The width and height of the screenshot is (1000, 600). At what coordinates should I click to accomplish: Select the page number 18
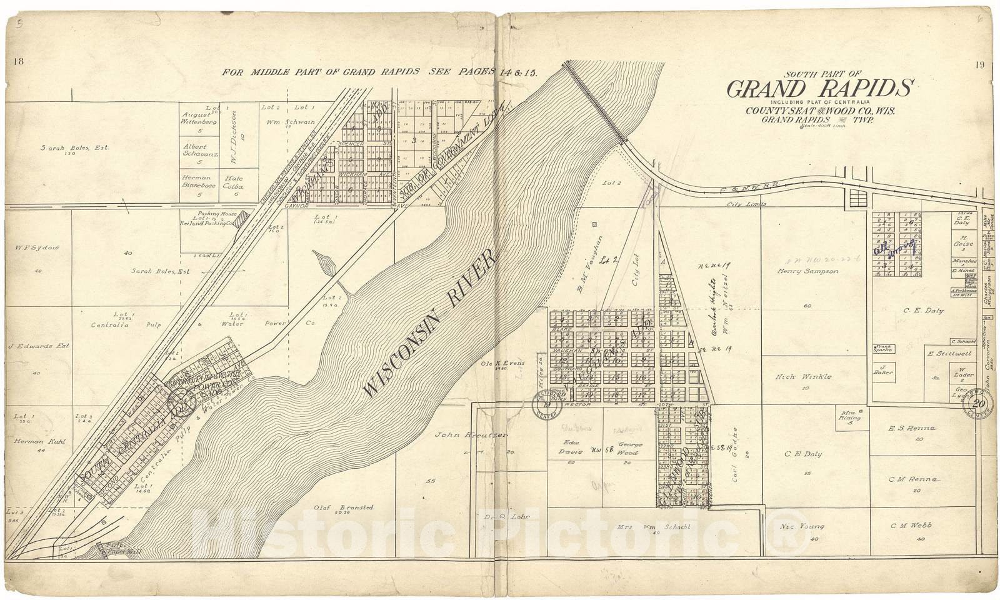[x=18, y=61]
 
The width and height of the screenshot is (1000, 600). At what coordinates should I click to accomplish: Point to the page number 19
[x=979, y=64]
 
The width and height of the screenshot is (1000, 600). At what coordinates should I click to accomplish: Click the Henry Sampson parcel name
[x=808, y=271]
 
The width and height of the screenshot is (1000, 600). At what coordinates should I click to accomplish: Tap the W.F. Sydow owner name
[x=37, y=247]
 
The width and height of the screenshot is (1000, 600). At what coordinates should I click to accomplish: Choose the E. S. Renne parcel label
[x=912, y=429]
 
